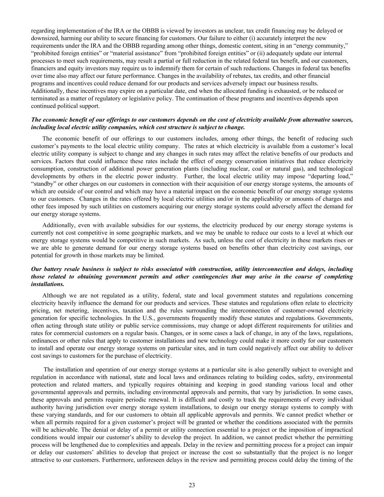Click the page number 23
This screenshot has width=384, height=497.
[192, 485]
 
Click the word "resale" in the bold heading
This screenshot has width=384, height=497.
[72, 269]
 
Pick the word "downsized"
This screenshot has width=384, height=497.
[43, 38]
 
